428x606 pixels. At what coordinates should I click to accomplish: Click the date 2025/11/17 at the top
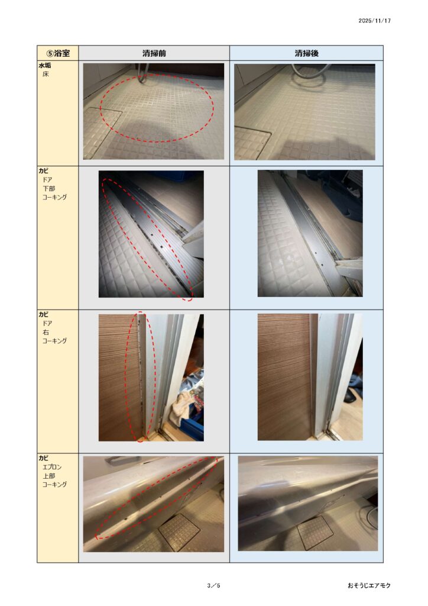[x=374, y=21]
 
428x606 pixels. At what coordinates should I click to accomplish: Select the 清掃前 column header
[x=154, y=53]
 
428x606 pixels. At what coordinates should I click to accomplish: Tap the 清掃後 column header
[x=306, y=53]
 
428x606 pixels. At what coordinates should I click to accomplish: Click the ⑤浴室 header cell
[x=58, y=53]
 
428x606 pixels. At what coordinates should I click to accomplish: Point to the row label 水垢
[x=45, y=66]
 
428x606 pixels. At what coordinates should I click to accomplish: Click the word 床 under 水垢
[x=46, y=74]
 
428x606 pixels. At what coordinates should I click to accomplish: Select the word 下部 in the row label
[x=48, y=189]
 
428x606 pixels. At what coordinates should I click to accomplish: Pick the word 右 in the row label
[x=46, y=333]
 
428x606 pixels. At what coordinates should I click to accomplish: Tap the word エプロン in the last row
[x=51, y=468]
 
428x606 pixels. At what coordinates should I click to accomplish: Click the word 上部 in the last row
[x=48, y=476]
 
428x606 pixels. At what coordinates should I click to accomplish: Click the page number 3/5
[x=213, y=585]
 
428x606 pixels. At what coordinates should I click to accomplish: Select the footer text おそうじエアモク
[x=369, y=585]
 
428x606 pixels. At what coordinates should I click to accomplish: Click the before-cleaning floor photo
[x=154, y=111]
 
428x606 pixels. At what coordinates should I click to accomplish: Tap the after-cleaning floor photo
[x=304, y=112]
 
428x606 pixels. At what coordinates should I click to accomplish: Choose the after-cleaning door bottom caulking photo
[x=310, y=233]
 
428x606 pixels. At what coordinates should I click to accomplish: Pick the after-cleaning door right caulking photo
[x=310, y=377]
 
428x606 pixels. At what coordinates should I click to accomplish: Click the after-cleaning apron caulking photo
[x=308, y=504]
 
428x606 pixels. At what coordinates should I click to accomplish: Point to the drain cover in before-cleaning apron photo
[x=180, y=531]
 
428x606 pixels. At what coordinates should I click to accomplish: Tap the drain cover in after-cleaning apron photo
[x=315, y=533]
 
